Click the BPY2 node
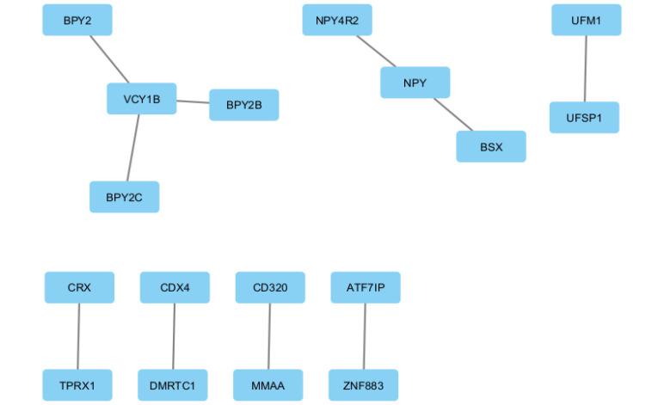(x=77, y=20)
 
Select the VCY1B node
(x=142, y=99)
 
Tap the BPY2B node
(x=244, y=105)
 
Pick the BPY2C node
(x=125, y=197)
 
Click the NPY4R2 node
(x=337, y=20)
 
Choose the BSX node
(x=491, y=146)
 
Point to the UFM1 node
(x=587, y=20)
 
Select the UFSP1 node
(x=585, y=118)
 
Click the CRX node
(x=79, y=287)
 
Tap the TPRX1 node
(x=77, y=385)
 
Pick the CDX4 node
(x=175, y=287)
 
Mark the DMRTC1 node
(x=173, y=385)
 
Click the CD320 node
(x=270, y=287)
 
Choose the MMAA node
(x=268, y=385)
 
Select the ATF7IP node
(x=366, y=287)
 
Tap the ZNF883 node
(x=364, y=385)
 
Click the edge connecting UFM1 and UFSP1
(x=586, y=69)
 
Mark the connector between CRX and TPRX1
(x=78, y=336)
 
